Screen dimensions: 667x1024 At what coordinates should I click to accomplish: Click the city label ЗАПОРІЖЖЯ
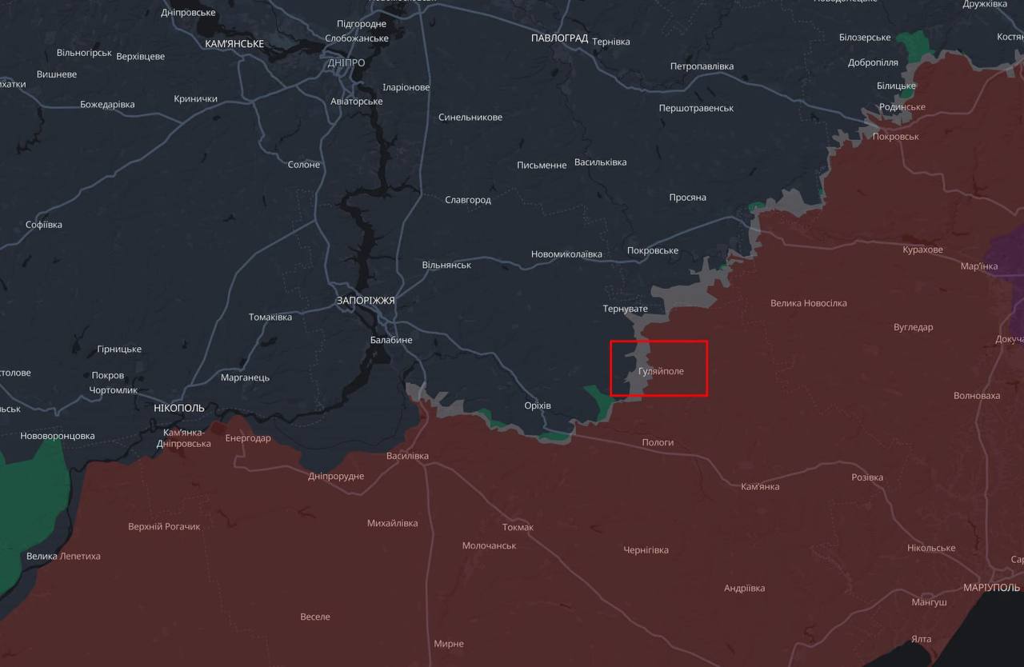pos(366,301)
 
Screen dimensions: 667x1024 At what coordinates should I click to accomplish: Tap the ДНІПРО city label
pos(346,62)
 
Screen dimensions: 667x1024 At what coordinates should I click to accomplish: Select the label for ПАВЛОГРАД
pos(559,38)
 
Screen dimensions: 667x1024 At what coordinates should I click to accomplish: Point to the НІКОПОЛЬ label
pos(179,408)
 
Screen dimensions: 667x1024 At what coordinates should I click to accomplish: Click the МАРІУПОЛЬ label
pos(991,587)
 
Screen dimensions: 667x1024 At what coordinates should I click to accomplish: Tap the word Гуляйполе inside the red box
pos(661,371)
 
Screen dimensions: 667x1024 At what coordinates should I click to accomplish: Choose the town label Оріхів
pos(537,405)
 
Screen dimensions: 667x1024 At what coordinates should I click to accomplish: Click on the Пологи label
pos(658,442)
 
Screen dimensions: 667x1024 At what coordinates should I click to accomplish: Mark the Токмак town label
pos(518,527)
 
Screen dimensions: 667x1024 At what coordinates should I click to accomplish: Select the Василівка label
pos(407,456)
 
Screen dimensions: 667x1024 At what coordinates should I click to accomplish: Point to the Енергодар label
pos(248,438)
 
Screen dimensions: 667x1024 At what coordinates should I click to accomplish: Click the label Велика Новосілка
pos(808,303)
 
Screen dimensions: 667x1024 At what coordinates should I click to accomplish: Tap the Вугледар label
pos(913,327)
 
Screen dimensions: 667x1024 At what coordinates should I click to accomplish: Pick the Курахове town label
pos(922,250)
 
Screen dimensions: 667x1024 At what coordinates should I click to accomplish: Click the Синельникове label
pos(470,118)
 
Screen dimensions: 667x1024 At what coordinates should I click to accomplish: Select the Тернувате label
pos(625,308)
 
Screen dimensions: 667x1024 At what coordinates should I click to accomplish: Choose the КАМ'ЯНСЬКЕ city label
pos(234,44)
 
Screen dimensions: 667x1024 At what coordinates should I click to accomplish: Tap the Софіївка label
pos(44,225)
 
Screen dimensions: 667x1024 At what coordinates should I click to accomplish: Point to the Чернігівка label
pos(646,550)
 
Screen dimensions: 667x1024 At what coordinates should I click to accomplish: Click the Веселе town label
pos(315,617)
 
